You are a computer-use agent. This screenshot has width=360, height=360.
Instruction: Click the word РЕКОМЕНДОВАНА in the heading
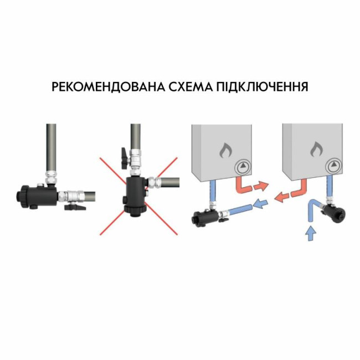109,87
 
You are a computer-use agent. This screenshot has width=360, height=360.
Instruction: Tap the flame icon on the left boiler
224,150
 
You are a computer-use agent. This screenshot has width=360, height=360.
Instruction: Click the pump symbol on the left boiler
242,166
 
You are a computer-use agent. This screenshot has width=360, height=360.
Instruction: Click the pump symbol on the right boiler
333,166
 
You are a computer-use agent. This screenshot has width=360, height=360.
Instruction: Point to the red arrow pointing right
261,186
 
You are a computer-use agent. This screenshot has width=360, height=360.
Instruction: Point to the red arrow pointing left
282,197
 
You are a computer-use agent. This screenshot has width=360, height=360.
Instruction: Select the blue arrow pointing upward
311,233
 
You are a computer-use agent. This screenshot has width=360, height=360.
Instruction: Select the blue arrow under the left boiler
260,203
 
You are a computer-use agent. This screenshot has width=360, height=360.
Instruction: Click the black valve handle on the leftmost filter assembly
75,208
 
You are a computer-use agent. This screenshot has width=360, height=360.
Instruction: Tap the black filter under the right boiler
336,212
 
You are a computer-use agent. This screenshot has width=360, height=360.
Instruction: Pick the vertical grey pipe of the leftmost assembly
51,148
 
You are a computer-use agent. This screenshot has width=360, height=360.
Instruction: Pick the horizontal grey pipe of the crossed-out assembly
170,182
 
